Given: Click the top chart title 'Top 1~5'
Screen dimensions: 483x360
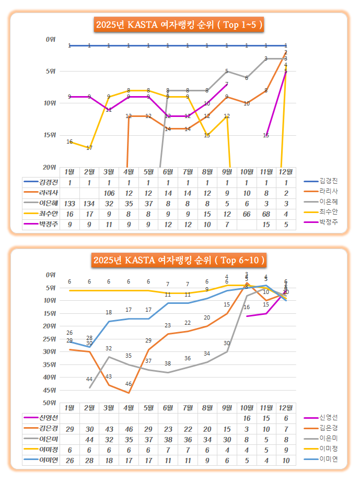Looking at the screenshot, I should tap(179, 24).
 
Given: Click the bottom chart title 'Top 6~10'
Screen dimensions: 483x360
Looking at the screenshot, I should tap(179, 260).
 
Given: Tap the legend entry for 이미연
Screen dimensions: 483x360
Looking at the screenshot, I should tap(330, 459).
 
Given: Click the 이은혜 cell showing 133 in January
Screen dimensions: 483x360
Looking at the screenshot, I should tap(69, 203).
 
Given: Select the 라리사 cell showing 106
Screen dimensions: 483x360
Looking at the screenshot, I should tap(109, 193).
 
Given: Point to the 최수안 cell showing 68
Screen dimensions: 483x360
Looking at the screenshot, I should tap(266, 214).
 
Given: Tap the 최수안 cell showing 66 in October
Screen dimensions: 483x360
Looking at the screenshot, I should tap(247, 214).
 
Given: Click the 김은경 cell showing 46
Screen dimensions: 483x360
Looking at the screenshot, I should tap(129, 429).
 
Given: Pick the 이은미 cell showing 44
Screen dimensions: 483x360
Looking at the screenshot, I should tap(89, 439).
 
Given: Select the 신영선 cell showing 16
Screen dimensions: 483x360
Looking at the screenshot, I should tap(247, 418).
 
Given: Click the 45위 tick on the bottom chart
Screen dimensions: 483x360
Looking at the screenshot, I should tap(51, 390).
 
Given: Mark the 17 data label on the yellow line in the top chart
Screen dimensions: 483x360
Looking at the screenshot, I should tap(89, 148).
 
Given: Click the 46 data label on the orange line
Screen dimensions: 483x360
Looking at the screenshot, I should tap(129, 384).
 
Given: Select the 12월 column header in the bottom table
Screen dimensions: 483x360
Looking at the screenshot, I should tap(286, 407).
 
